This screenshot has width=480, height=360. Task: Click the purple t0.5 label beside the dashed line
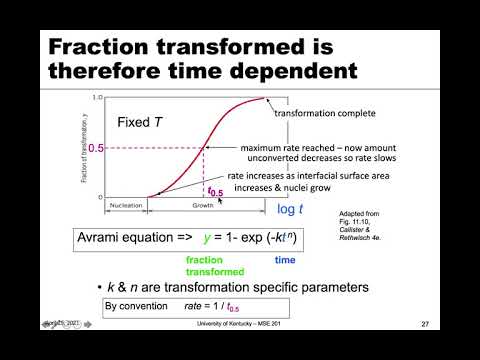coord(215,190)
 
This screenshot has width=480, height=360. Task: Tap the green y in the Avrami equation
coord(211,237)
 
